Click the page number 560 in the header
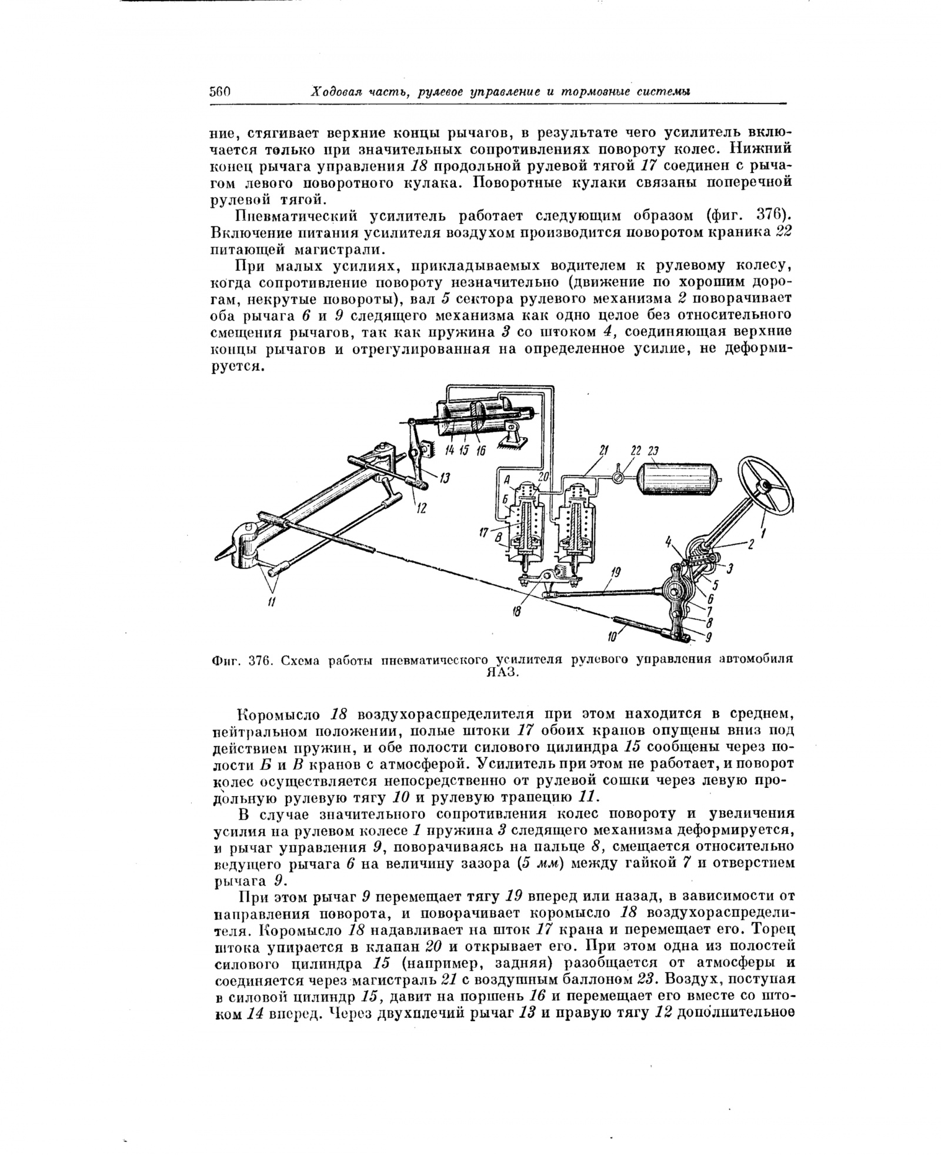(221, 92)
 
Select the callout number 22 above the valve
(636, 451)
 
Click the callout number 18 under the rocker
(516, 612)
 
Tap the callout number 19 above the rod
(616, 572)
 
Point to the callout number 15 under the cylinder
(465, 451)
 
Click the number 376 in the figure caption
(259, 660)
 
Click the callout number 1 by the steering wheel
(764, 534)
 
